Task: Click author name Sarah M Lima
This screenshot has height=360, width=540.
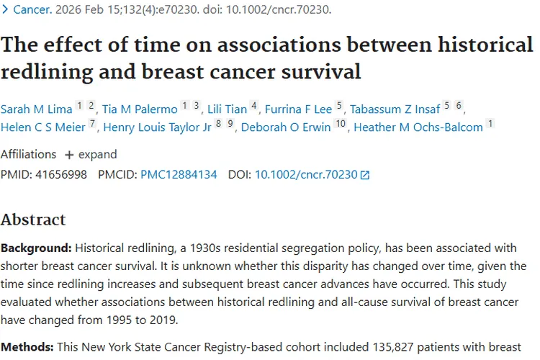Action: coord(36,109)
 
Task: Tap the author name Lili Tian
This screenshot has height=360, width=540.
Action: coord(226,109)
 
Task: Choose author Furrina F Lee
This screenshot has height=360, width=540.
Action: coord(298,109)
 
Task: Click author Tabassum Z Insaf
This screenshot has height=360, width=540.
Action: coord(395,109)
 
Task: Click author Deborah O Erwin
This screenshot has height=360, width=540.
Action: coord(286,127)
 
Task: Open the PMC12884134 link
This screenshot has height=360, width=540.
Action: coord(179,174)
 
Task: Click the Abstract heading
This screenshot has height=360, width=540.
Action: coord(33,220)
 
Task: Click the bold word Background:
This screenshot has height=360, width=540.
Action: coord(36,248)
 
